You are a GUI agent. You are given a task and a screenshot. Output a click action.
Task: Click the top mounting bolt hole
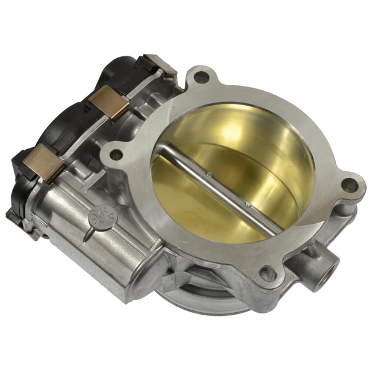point(200,78)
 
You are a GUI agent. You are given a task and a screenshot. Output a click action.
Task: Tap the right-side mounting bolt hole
point(349,184)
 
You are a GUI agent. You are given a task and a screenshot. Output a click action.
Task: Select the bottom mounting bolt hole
point(267,273)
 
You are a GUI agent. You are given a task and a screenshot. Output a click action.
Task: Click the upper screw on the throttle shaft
point(209,174)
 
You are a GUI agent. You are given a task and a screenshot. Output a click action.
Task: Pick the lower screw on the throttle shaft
point(248,204)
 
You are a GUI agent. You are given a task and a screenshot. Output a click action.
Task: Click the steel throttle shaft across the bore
point(223,185)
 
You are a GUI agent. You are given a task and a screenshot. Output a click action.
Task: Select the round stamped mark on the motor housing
point(98,216)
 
